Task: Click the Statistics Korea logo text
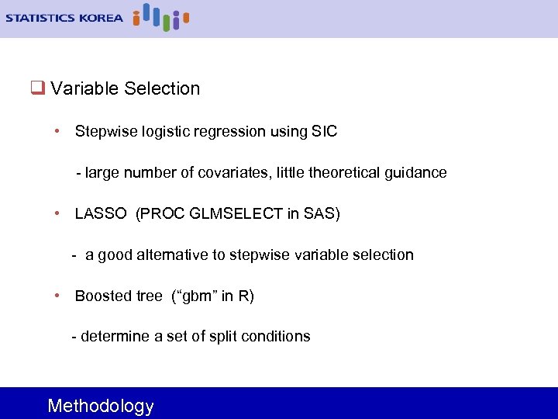(64, 17)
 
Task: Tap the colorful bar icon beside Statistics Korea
(161, 16)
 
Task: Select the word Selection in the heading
(162, 88)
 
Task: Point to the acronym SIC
(323, 132)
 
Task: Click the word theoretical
(344, 172)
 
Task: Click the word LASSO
(101, 213)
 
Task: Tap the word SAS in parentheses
(319, 213)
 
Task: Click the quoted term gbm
(198, 296)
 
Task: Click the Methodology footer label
(101, 406)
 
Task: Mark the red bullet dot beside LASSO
(58, 213)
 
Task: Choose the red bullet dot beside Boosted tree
(58, 296)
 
